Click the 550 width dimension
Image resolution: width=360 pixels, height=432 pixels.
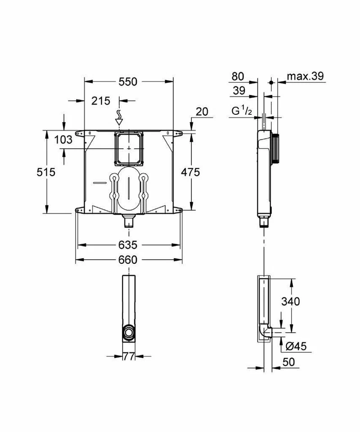pos(128,81)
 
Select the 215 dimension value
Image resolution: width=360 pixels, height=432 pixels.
pos(100,101)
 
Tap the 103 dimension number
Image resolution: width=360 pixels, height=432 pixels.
pos(63,139)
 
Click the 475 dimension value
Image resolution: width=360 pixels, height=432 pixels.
pos(191,172)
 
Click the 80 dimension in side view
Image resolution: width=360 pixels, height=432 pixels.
pos(238,76)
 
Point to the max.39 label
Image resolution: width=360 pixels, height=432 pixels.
pos(306,76)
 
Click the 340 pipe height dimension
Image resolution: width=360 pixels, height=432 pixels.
pos(291,301)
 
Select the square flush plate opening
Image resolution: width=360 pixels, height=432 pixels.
pos(130,148)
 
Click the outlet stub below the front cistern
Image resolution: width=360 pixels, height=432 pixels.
pos(129,220)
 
